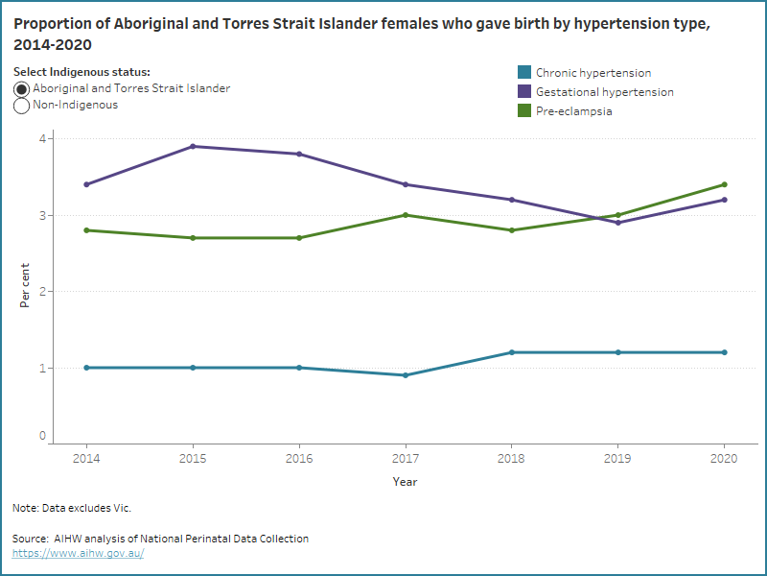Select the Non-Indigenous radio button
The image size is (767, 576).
22,106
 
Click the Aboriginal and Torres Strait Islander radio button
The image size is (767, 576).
22,88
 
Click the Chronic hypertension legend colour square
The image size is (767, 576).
524,73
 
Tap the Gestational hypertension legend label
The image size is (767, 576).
604,92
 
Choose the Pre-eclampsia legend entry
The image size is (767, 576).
573,111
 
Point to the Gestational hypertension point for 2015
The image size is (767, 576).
193,146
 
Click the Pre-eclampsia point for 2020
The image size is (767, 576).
724,184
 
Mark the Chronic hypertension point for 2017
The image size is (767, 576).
406,375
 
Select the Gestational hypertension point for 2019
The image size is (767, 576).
618,223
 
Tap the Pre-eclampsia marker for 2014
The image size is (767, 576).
87,230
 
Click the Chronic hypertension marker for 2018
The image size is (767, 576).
512,352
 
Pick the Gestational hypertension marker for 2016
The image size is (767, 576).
299,154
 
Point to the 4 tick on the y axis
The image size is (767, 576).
42,138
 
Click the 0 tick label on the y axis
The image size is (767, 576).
42,437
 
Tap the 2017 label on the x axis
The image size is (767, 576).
406,460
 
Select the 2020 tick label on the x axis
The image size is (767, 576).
724,460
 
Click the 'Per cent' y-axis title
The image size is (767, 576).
25,284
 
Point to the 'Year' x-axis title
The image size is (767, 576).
405,482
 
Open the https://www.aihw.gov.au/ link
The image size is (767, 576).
78,553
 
